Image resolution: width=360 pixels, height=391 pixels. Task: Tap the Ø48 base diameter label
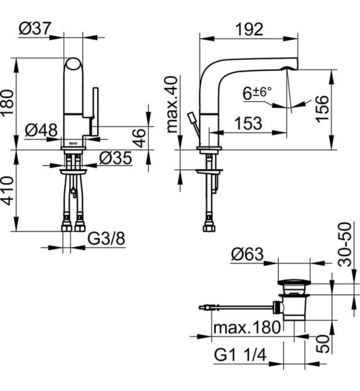coord(42,130)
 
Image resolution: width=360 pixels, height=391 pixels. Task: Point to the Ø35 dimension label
coord(116,159)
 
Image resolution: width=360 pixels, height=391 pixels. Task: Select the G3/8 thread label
coord(106,239)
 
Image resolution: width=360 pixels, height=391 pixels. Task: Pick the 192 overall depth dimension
coord(248,29)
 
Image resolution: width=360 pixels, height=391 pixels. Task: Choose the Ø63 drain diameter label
coord(246,255)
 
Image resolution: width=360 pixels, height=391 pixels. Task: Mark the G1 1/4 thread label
coord(241,355)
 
